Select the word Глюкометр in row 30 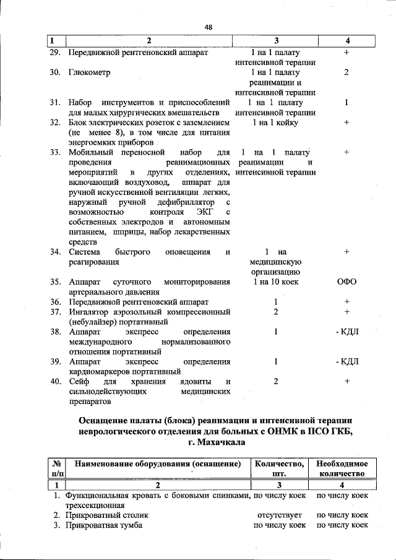89,72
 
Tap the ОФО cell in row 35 346,282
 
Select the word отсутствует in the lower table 279,515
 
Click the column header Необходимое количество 342,468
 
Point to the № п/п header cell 56,468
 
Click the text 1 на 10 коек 276,282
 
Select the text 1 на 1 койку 276,123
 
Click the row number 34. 55,252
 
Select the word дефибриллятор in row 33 186,202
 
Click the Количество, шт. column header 279,468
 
